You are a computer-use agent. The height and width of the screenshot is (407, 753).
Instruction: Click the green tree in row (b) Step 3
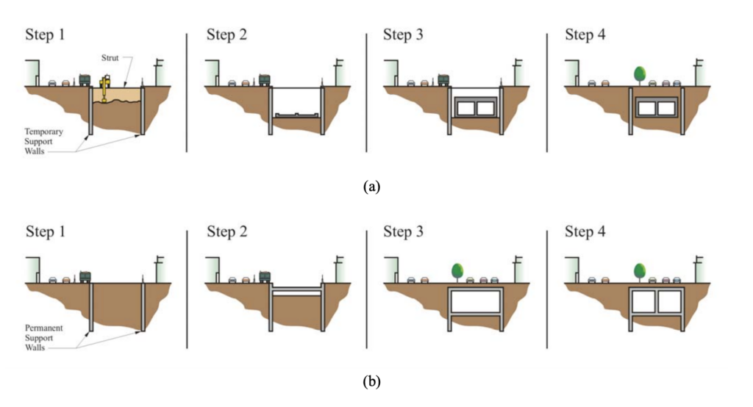pos(458,270)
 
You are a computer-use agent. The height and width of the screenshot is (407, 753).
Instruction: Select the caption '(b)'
pos(372,382)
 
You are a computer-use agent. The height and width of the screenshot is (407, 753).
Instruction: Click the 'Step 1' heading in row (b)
pos(50,232)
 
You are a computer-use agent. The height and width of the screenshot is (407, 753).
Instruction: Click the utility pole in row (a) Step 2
pos(339,71)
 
